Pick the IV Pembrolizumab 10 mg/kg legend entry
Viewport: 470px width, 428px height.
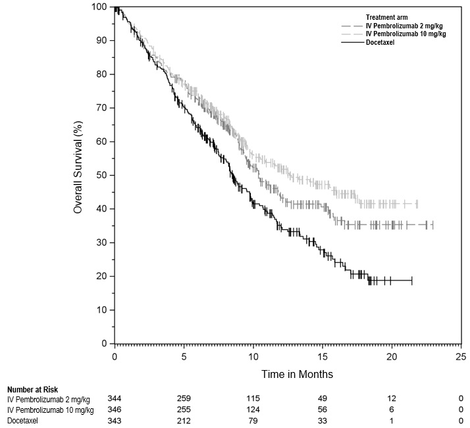pos(405,34)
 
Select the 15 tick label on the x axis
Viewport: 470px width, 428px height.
pos(323,357)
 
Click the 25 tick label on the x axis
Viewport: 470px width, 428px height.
pos(461,357)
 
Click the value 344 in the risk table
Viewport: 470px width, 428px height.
pos(115,399)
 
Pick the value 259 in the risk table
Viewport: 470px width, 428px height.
pos(184,399)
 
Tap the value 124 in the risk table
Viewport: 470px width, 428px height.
pos(253,410)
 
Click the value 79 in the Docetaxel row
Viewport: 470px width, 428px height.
pos(253,421)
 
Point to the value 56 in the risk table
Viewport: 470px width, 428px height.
pos(323,410)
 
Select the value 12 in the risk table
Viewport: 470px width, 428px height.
pos(392,399)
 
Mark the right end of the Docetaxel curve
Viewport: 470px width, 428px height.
pos(412,281)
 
